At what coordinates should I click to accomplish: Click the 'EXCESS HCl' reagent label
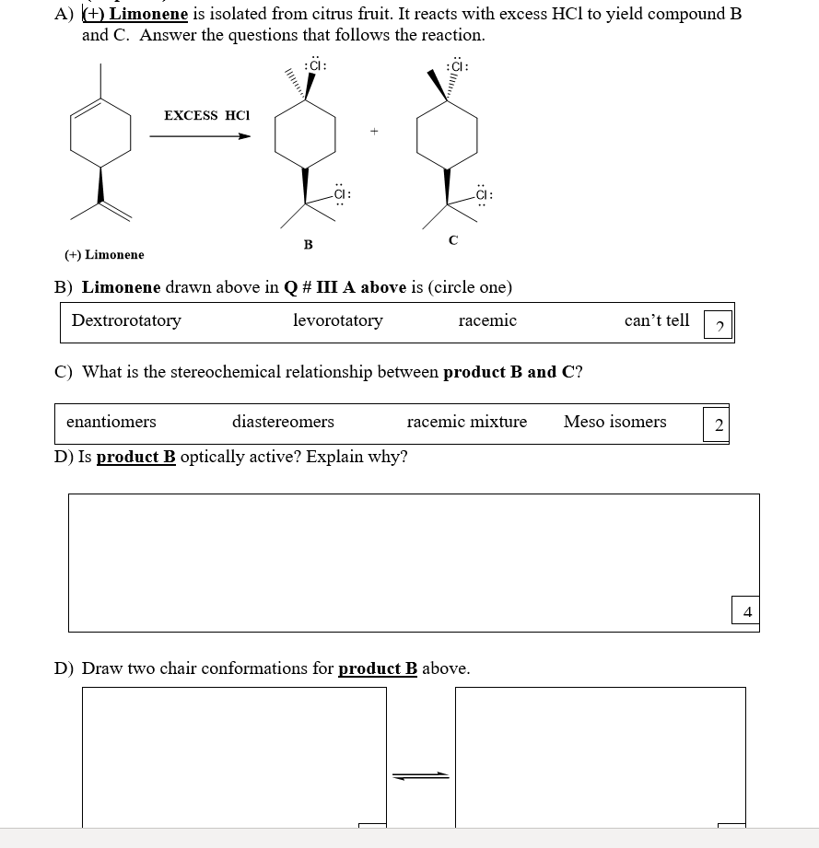(x=206, y=115)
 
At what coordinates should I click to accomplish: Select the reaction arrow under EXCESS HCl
(x=200, y=136)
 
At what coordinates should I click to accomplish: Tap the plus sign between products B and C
(x=374, y=132)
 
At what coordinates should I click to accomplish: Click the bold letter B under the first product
(x=308, y=244)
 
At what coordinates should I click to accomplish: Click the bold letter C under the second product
(x=452, y=240)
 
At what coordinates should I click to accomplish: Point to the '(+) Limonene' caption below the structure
(x=104, y=254)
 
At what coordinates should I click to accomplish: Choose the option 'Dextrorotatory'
(x=126, y=320)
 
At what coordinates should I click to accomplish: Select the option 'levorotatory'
(x=337, y=320)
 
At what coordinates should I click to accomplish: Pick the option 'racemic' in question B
(x=487, y=320)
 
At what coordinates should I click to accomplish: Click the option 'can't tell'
(x=656, y=320)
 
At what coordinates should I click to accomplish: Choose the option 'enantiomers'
(x=111, y=422)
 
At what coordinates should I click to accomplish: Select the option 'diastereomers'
(x=283, y=422)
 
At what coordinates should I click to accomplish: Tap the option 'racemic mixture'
(x=467, y=422)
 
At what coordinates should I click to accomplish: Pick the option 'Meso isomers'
(x=614, y=422)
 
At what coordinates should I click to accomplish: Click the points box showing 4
(x=746, y=611)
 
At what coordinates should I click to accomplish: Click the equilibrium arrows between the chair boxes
(x=420, y=775)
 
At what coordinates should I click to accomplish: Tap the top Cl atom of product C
(x=457, y=66)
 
